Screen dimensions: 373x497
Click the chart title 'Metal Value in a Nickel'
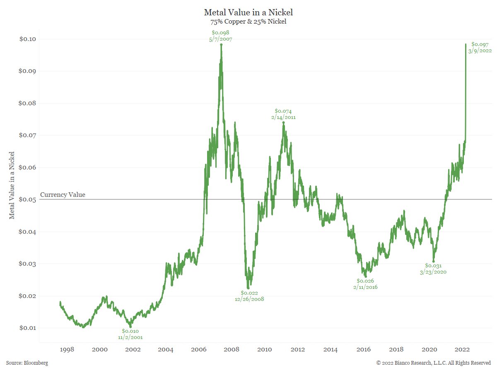(248, 12)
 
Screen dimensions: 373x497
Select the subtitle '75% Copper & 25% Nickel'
(248, 22)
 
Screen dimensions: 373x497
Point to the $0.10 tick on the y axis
(27, 39)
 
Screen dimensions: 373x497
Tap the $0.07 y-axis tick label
(27, 135)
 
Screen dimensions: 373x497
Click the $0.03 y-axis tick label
(27, 264)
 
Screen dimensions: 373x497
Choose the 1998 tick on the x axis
(67, 349)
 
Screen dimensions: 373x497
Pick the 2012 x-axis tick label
(298, 349)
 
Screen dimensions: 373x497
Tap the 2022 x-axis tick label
(463, 349)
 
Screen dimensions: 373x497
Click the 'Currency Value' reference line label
(63, 195)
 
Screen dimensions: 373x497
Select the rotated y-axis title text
(12, 185)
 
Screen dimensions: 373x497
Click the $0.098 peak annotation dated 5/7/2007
(221, 36)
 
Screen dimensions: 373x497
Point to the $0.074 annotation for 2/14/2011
(283, 114)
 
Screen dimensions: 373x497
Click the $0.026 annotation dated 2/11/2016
(365, 284)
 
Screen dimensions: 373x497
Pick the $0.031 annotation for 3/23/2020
(433, 269)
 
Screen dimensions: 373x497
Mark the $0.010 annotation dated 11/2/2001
(130, 334)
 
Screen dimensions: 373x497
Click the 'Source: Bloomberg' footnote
(27, 363)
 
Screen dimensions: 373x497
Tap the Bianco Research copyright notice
(433, 363)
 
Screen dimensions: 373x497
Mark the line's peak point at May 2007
(221, 45)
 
